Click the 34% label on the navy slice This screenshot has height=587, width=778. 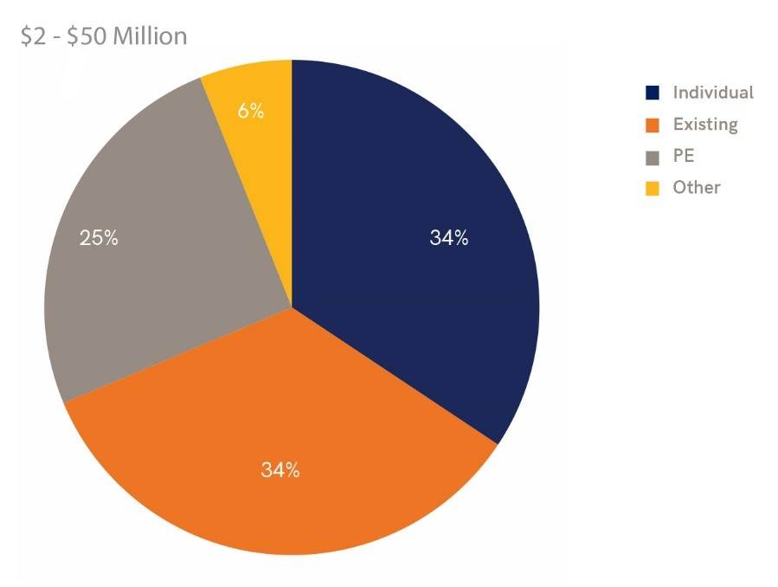click(448, 238)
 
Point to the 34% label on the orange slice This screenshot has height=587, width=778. click(280, 470)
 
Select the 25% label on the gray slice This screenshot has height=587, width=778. click(99, 237)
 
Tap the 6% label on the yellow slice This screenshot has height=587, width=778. click(251, 112)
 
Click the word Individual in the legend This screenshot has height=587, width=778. click(713, 93)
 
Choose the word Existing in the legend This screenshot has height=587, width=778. click(705, 124)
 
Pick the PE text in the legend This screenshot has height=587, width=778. click(684, 156)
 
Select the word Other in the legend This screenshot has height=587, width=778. click(697, 187)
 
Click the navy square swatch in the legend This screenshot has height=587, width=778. click(653, 93)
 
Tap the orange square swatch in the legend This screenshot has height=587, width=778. click(653, 124)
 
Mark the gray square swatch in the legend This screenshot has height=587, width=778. click(653, 156)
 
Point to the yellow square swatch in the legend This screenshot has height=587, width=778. click(653, 187)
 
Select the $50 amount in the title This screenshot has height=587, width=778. click(82, 36)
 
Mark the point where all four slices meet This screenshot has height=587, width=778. click(292, 307)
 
